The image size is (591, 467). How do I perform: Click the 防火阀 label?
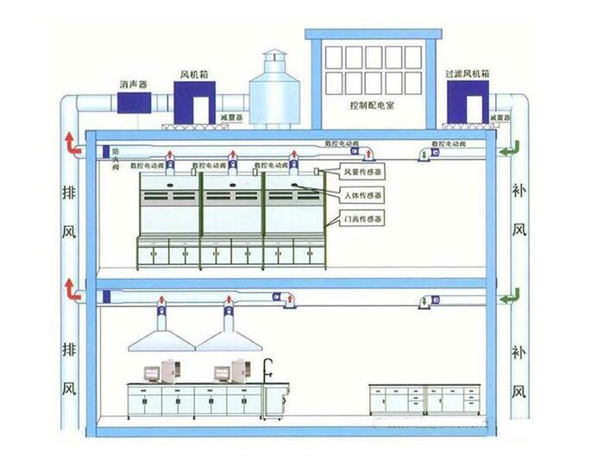coord(115,155)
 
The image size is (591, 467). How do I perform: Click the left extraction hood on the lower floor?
coord(160,337)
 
